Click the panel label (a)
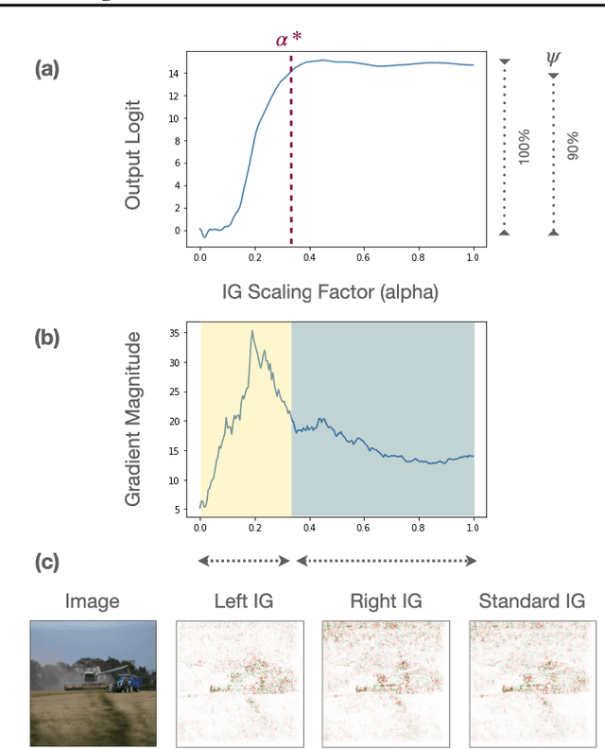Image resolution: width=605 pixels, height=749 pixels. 47,69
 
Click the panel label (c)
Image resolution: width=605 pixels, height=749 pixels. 47,562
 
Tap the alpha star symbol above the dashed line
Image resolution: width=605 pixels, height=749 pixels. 289,41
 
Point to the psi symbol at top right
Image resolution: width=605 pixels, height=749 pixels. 553,59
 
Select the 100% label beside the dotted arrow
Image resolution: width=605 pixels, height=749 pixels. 525,147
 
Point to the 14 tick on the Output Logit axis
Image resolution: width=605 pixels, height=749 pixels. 175,73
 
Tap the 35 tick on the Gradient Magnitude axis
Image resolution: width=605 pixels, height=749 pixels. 175,332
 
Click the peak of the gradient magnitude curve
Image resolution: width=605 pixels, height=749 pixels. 251,331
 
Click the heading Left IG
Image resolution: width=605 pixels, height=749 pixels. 240,601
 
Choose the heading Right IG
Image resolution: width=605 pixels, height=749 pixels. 386,601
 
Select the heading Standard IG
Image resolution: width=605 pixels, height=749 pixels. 532,601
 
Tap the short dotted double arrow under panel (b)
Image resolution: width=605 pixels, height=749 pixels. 243,561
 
